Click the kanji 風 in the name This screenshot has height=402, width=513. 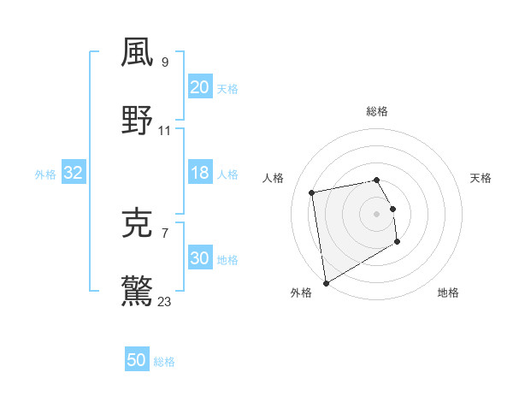pos(138,53)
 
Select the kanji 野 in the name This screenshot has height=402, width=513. pos(138,121)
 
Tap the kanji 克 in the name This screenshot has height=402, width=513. pos(138,223)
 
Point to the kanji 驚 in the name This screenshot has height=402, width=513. pos(138,292)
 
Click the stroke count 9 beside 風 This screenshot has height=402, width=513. pos(165,62)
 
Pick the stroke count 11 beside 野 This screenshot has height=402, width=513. pos(165,131)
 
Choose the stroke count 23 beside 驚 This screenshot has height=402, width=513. pos(165,302)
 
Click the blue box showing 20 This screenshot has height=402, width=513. pos(199,87)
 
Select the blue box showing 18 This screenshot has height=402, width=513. pos(199,173)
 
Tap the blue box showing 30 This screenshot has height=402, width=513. pos(199,258)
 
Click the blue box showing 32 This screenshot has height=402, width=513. pos(74,173)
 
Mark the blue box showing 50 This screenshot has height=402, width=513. pos(137,360)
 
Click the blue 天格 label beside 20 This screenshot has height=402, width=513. pos(227,89)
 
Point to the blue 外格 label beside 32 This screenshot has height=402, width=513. pos(45,174)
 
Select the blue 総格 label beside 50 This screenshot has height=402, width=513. pos(165,362)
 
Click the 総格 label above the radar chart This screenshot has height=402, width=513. pos(377,111)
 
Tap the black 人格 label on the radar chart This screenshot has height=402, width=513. pos(274,178)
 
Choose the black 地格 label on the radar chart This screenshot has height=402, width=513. pos(448,293)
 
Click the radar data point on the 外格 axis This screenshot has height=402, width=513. pos(326,282)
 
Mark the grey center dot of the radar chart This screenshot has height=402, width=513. pos(377,213)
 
